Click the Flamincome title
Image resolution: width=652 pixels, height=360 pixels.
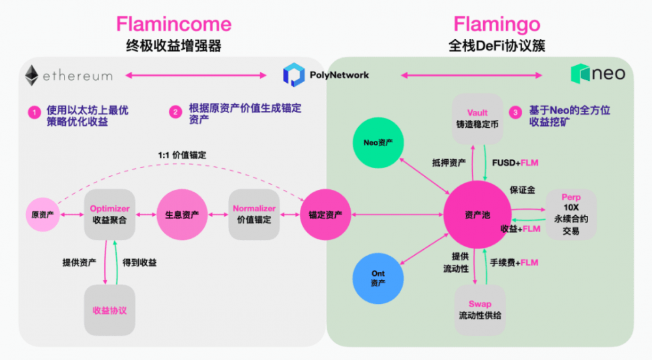(173, 24)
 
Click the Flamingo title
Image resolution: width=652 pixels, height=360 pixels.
(497, 24)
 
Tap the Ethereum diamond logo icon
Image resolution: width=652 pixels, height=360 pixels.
(31, 76)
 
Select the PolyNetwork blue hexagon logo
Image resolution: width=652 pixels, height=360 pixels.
(293, 75)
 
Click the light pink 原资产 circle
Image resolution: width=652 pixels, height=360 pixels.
(42, 214)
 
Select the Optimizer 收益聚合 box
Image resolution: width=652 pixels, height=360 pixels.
(110, 214)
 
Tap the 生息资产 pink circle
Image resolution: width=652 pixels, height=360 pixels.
(178, 214)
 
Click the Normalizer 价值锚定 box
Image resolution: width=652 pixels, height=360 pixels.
(254, 214)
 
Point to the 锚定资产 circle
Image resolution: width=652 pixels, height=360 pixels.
(321, 214)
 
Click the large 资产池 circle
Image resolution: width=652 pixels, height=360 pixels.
(477, 215)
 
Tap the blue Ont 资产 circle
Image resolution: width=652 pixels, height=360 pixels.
(378, 278)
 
